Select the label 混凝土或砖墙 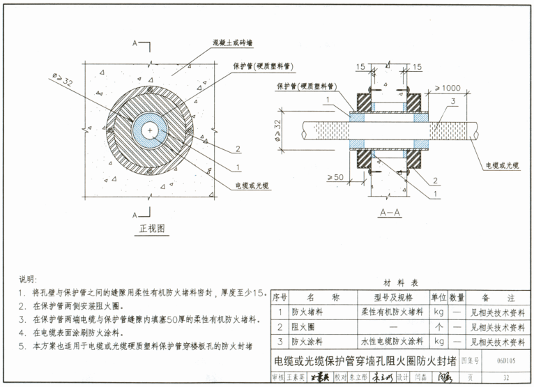tap(236, 43)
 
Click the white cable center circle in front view tap(151, 130)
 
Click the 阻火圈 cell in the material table tap(303, 327)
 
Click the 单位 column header tap(438, 298)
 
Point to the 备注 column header tap(497, 298)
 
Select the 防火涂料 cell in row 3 tap(307, 342)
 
